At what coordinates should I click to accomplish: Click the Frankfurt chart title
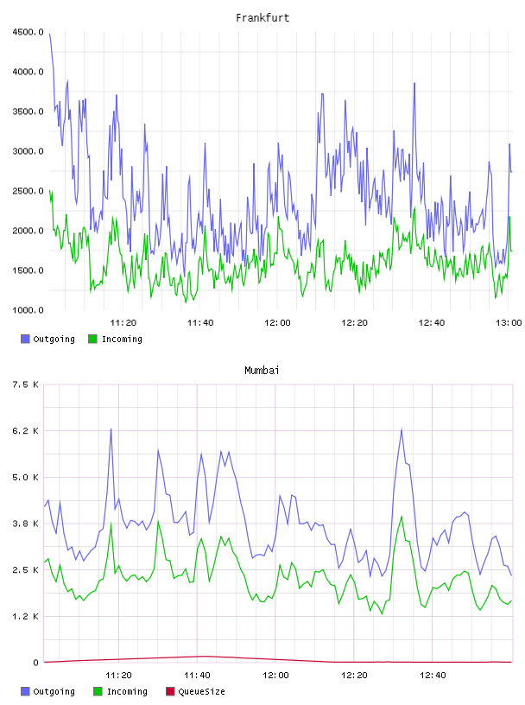tap(262, 17)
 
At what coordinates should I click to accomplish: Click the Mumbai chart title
tap(262, 370)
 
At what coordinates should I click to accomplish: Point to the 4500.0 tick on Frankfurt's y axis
tap(28, 32)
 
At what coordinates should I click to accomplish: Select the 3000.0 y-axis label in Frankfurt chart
tap(28, 151)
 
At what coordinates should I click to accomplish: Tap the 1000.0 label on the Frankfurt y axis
tap(28, 310)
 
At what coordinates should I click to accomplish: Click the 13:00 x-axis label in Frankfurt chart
tap(509, 322)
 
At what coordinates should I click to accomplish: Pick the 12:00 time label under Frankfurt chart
tap(277, 322)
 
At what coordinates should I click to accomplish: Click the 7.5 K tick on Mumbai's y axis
tap(26, 384)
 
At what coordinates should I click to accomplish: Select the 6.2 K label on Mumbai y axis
tap(26, 431)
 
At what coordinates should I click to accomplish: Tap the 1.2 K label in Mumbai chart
tap(26, 616)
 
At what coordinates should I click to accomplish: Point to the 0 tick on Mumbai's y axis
tap(35, 663)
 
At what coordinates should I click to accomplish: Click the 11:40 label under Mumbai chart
tap(197, 675)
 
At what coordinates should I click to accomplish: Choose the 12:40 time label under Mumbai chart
tap(433, 675)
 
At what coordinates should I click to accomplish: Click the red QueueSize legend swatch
tap(170, 691)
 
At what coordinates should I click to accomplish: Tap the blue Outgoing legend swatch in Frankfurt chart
tap(25, 339)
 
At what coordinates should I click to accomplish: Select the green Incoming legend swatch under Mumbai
tap(98, 691)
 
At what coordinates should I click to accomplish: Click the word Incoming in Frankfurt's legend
tap(122, 340)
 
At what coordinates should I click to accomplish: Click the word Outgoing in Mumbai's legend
tap(54, 692)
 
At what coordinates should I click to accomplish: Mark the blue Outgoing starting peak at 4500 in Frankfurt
tap(49, 34)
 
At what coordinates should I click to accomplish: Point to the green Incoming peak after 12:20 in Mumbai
tap(402, 516)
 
